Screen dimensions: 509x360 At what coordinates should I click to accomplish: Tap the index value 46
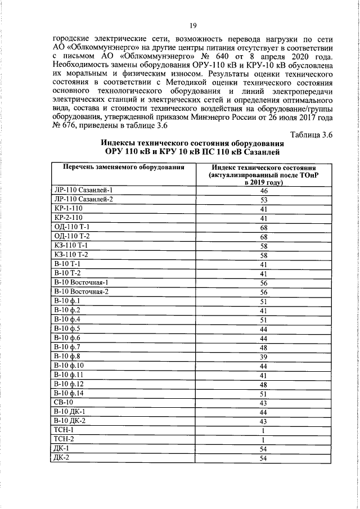[263, 191]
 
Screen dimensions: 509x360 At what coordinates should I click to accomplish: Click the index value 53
[263, 200]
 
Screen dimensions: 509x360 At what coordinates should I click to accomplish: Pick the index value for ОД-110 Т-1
[263, 227]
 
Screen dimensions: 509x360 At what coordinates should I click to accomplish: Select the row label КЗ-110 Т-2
[71, 254]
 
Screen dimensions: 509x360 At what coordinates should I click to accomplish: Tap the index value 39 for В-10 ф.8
[263, 356]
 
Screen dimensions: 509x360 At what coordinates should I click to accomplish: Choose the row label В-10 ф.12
[68, 384]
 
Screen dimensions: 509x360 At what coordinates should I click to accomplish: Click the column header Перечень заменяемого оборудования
[120, 168]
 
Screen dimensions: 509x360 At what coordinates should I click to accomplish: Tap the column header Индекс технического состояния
[263, 168]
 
